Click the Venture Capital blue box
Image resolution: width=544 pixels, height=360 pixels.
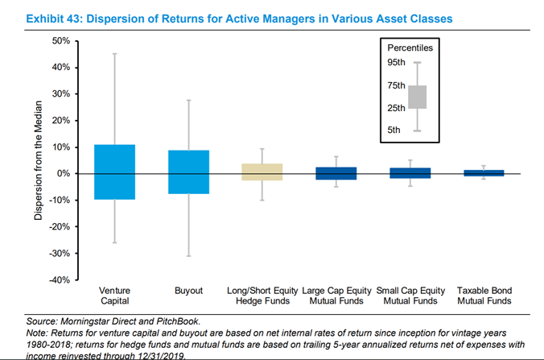[114, 172]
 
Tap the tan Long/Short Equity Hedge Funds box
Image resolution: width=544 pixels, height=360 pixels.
[262, 172]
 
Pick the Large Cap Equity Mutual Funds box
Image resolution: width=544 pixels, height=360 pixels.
[335, 173]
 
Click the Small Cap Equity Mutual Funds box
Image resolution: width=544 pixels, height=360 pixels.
[409, 173]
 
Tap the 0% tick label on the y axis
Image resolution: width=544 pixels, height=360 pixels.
[63, 174]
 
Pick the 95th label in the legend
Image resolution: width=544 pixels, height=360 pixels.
[396, 63]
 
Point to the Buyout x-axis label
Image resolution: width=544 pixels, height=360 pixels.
[188, 290]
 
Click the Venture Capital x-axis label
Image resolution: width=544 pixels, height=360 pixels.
[114, 295]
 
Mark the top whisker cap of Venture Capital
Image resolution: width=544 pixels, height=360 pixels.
[114, 53]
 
